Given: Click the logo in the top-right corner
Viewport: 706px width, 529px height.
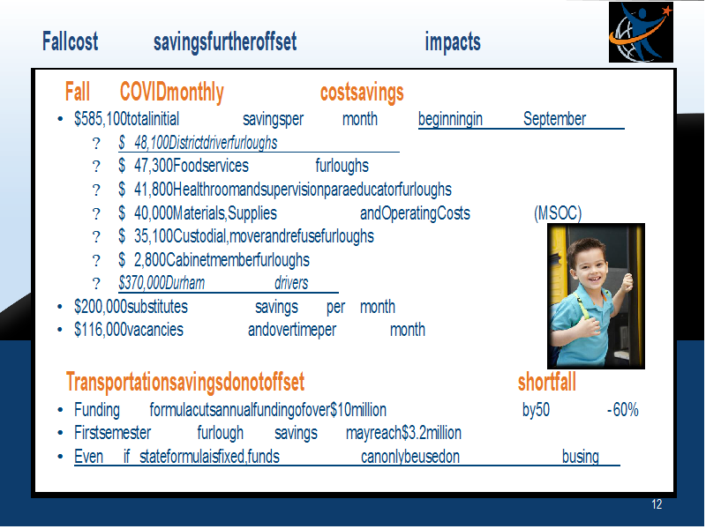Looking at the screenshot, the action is [641, 32].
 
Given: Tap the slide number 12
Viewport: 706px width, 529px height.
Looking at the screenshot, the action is [657, 504].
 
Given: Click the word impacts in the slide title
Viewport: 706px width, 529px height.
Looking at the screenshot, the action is [453, 42].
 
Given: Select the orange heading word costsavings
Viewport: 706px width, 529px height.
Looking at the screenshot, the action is [362, 93].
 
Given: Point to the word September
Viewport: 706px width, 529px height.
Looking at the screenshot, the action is [554, 119].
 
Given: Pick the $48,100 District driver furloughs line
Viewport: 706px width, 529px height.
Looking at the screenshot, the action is [198, 143].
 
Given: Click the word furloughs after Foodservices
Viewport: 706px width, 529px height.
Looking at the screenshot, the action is [342, 166].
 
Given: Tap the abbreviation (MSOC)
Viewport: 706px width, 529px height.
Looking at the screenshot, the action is [558, 213].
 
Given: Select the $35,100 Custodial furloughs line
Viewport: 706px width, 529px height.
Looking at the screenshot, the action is [246, 236].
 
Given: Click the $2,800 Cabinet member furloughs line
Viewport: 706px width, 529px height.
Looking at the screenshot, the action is [214, 260].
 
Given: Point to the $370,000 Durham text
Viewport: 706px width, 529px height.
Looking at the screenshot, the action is [161, 283].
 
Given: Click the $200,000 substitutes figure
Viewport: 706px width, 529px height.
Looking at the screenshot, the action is [131, 307].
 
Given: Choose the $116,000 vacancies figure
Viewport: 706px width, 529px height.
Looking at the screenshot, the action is [129, 330].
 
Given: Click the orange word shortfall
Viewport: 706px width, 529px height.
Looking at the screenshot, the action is [546, 383].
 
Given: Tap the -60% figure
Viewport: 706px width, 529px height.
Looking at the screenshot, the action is [623, 410].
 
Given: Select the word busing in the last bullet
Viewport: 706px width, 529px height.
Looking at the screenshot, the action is [581, 457].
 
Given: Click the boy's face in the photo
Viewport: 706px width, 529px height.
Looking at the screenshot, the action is [590, 262].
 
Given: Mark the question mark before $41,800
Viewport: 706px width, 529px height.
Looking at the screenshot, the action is [96, 190].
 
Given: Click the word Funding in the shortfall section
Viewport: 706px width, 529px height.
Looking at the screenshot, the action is [97, 410].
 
